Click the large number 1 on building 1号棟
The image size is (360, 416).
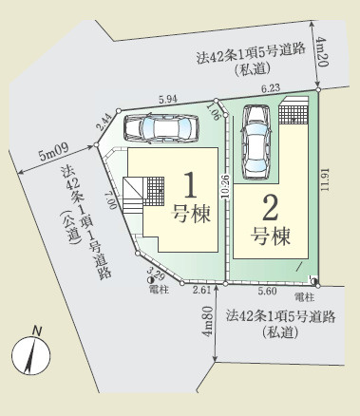click(188, 182)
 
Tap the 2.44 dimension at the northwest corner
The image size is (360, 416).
click(103, 121)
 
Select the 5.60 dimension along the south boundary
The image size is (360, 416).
click(266, 293)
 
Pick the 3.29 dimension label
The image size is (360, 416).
click(156, 276)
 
